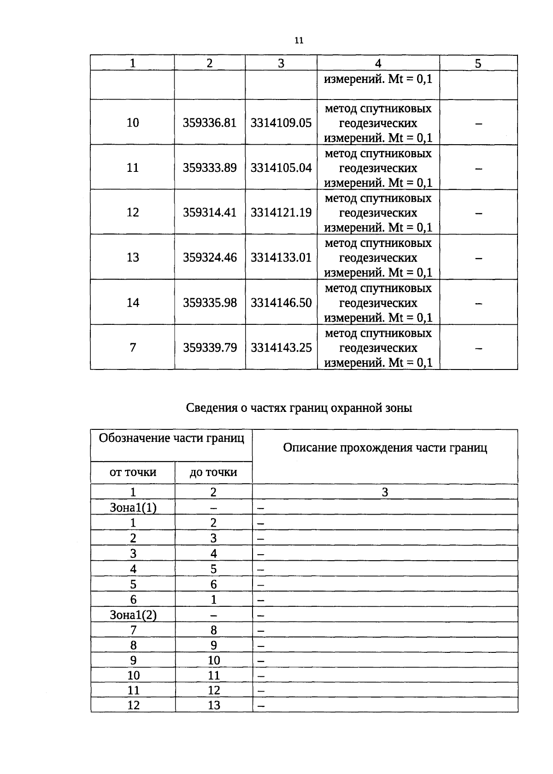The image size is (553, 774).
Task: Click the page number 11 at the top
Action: pyautogui.click(x=299, y=41)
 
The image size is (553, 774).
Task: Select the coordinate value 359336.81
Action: pyautogui.click(x=210, y=123)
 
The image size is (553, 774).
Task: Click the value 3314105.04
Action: pyautogui.click(x=281, y=168)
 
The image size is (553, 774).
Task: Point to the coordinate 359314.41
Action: pyautogui.click(x=210, y=212)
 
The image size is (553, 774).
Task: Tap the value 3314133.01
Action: pyautogui.click(x=281, y=257)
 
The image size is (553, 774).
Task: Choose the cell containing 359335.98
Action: pyautogui.click(x=210, y=303)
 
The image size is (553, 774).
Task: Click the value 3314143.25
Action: pyautogui.click(x=281, y=347)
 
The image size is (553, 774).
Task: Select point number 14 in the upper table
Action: pyautogui.click(x=133, y=303)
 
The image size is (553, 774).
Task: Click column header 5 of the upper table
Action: pyautogui.click(x=478, y=64)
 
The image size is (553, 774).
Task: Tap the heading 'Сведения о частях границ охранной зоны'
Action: pyautogui.click(x=299, y=408)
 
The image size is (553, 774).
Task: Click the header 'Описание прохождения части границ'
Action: pyautogui.click(x=385, y=448)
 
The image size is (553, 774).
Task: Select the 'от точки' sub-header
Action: pyautogui.click(x=133, y=472)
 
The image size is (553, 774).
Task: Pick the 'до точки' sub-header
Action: pyautogui.click(x=213, y=472)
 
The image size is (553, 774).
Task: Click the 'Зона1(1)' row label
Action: pyautogui.click(x=133, y=508)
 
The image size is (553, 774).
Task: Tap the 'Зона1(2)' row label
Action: pyautogui.click(x=133, y=615)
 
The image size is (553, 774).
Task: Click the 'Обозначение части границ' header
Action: pyautogui.click(x=171, y=438)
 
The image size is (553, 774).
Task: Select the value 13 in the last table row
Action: pyautogui.click(x=214, y=705)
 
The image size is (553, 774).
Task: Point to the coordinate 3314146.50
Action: pyautogui.click(x=281, y=303)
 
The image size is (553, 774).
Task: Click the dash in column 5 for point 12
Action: pyautogui.click(x=479, y=213)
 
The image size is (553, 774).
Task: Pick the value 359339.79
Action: pyautogui.click(x=210, y=347)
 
